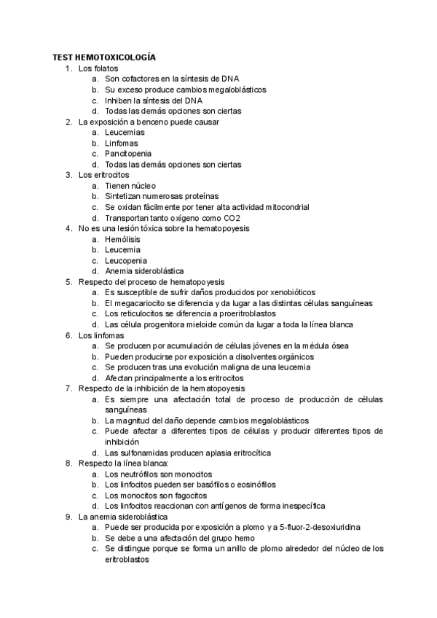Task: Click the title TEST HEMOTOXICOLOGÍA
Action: (103, 57)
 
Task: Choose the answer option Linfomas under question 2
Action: (122, 143)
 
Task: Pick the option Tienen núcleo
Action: (130, 186)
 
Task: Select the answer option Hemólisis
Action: (123, 239)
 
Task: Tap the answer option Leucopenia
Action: (126, 260)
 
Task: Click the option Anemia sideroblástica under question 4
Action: (144, 271)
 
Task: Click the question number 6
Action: (68, 335)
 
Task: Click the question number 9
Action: (68, 517)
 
